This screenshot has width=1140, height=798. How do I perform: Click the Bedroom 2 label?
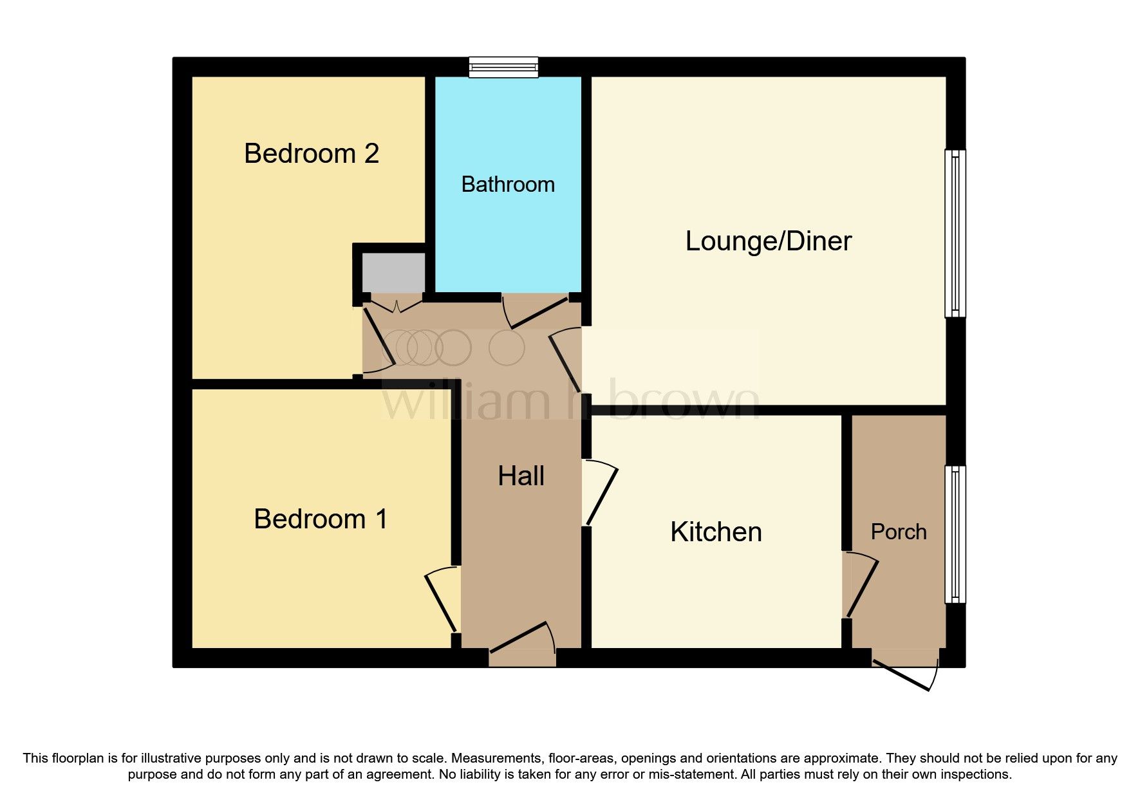pos(312,154)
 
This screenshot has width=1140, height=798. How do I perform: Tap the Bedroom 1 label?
pos(321,519)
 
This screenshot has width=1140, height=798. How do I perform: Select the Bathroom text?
pos(508,185)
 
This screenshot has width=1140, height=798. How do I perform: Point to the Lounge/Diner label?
pos(768,241)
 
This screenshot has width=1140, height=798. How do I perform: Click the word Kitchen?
pos(716,532)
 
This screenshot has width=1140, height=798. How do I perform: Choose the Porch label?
pos(898,532)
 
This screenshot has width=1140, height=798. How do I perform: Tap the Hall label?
pos(521,476)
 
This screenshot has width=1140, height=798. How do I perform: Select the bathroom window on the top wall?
pos(503,67)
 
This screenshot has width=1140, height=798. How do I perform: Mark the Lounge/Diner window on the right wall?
pos(955,234)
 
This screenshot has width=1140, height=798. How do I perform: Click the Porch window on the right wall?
pos(955,534)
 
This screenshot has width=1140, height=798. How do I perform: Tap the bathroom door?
pos(536,312)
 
